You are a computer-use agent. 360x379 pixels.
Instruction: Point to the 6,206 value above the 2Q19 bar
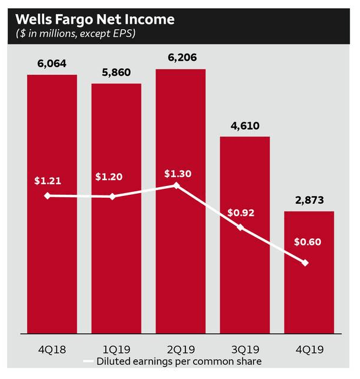[181, 58]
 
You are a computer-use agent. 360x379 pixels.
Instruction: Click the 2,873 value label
[309, 200]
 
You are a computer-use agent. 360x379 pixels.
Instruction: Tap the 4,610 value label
[245, 125]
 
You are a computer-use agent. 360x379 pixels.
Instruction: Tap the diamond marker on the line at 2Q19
[176, 186]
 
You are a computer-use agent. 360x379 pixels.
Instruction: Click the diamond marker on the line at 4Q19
[305, 263]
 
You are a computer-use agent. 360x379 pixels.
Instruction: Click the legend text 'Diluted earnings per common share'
[180, 361]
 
